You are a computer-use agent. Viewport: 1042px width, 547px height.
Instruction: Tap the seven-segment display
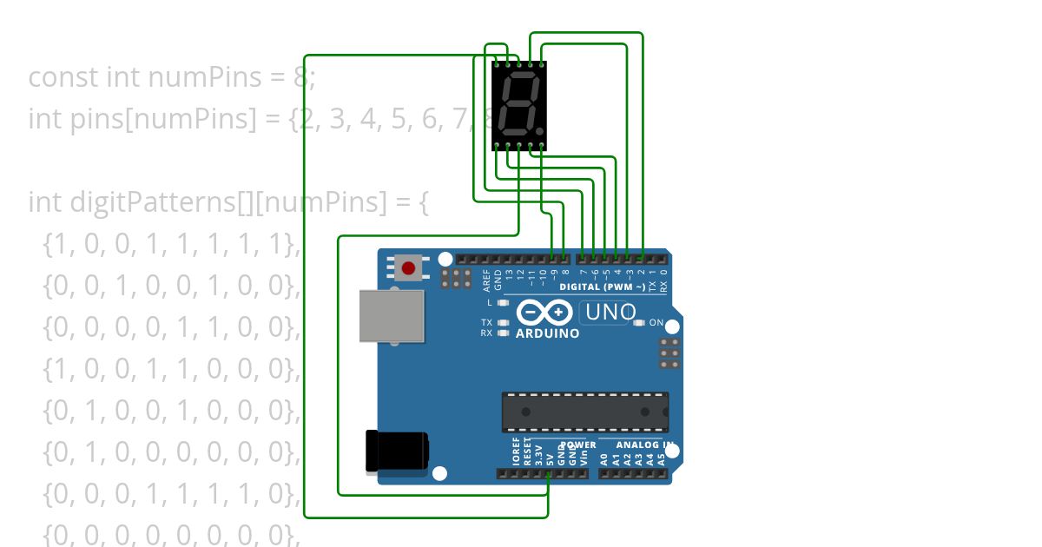click(x=518, y=105)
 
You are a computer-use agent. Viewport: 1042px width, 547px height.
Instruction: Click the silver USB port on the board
click(x=392, y=316)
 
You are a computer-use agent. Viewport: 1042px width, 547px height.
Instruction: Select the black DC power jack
click(x=397, y=451)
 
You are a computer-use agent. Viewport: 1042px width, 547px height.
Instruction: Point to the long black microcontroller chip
click(x=585, y=412)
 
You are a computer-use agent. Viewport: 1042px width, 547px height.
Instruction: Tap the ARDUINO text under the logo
click(x=548, y=333)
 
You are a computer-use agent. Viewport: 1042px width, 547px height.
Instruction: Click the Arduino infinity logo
click(x=544, y=312)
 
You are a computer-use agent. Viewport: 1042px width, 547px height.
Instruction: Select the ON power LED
click(x=640, y=323)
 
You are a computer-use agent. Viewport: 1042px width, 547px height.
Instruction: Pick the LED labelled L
click(x=503, y=303)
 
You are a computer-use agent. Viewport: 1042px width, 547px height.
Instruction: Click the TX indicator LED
click(x=503, y=323)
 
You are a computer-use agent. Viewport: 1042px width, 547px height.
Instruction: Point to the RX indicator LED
click(x=503, y=333)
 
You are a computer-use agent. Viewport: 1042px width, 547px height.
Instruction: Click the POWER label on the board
click(x=580, y=445)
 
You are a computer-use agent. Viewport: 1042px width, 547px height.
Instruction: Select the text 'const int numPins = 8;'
click(x=172, y=78)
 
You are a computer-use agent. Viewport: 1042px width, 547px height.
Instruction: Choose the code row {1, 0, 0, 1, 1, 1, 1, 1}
click(x=170, y=245)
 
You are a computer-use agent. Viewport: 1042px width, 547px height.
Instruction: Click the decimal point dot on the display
click(x=540, y=132)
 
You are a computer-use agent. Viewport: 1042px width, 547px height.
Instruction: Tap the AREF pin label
click(x=487, y=280)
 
